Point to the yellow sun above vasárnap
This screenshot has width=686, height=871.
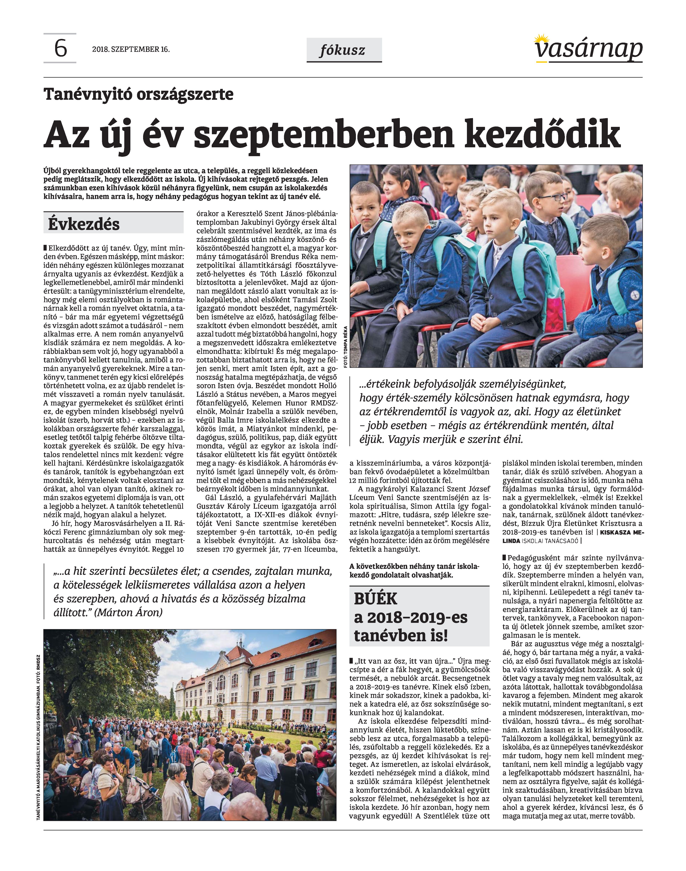pyautogui.click(x=543, y=39)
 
